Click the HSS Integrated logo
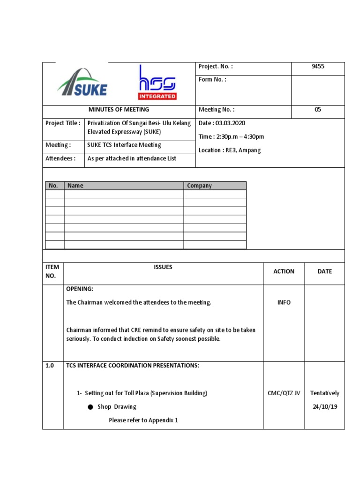157,83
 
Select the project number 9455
318,67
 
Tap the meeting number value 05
318,110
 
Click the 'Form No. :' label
212,80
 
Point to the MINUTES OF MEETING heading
119,110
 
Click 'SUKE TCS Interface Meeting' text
124,145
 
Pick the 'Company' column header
199,186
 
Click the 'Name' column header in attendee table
75,186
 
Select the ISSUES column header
163,267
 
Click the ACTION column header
284,271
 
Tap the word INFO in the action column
284,303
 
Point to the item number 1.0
50,366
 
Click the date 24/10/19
325,407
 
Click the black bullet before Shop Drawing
90,407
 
